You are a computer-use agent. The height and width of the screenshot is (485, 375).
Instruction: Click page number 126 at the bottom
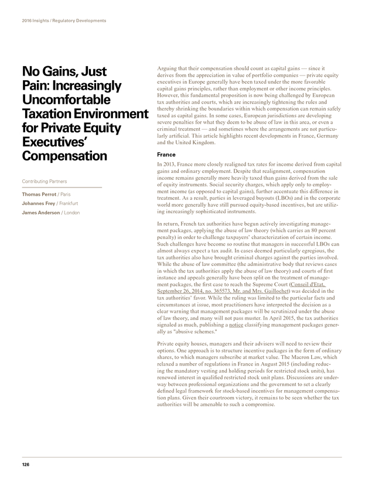[25, 464]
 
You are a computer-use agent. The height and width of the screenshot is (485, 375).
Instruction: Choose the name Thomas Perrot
[38, 193]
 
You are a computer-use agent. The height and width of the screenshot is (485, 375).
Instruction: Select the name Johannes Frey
[39, 203]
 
